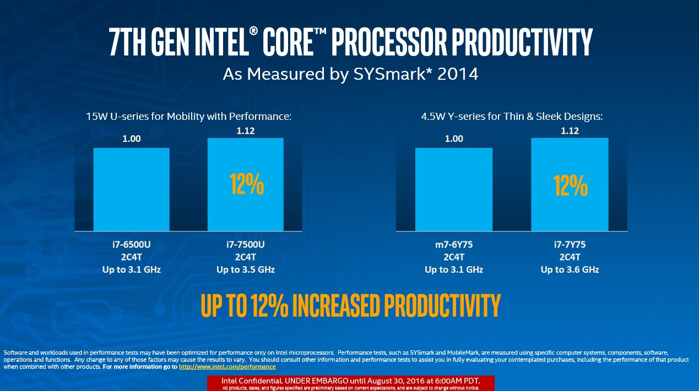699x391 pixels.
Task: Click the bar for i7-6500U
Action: point(131,189)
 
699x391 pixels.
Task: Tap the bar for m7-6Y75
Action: point(453,189)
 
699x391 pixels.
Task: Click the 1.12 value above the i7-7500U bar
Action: point(246,131)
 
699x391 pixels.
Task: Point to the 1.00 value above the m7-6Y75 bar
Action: point(454,139)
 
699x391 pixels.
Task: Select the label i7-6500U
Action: point(131,244)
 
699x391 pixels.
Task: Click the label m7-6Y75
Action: point(454,244)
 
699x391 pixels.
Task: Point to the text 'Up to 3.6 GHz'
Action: point(570,269)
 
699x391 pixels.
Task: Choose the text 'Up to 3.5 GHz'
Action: point(246,269)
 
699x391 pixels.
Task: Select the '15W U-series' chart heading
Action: point(188,116)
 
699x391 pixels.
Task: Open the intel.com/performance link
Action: point(227,366)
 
